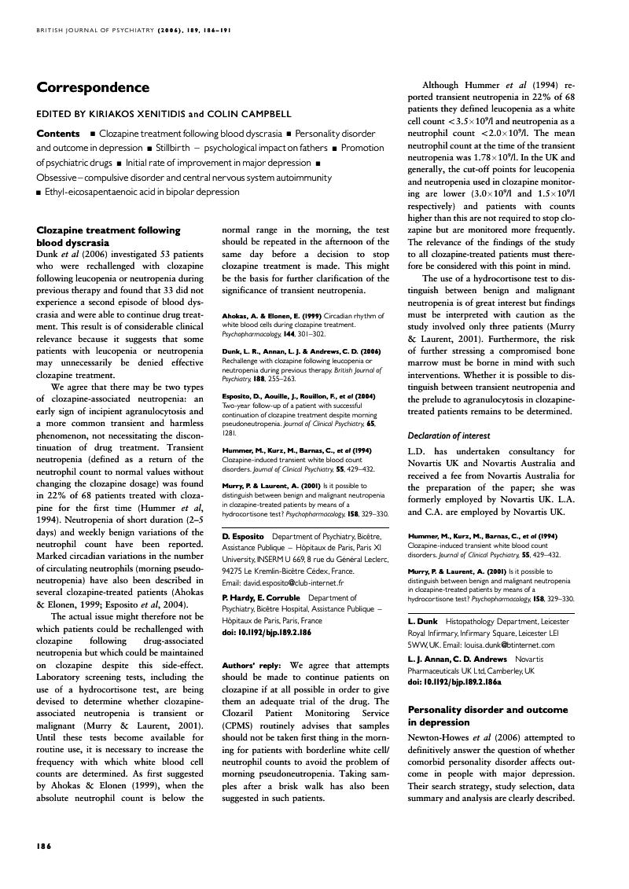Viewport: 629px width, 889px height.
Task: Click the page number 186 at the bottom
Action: click(44, 846)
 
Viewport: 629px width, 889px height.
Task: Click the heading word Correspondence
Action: click(93, 87)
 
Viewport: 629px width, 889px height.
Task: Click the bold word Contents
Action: click(58, 134)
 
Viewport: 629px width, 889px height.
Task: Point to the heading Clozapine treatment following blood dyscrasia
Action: click(109, 237)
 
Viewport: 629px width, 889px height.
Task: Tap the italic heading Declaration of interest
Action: click(448, 435)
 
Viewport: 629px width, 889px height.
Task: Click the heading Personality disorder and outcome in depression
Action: click(487, 715)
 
